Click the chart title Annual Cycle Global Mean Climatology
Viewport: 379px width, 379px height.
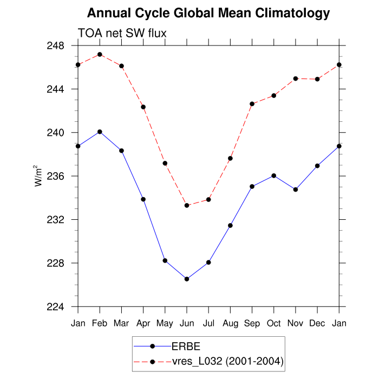coord(208,13)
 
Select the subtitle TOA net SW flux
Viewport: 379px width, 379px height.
coord(122,34)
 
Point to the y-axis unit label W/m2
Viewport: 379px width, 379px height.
coord(39,175)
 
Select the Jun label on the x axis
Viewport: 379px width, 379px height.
coord(187,323)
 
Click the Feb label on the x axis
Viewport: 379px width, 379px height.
coord(100,323)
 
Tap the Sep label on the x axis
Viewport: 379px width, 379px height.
coord(252,323)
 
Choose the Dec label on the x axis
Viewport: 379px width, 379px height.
coord(317,323)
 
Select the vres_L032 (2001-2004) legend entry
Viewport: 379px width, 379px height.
coord(227,361)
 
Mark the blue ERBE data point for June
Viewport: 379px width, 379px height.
coord(187,279)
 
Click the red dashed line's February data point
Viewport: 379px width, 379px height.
coord(100,55)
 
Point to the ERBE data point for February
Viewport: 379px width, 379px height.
coord(100,132)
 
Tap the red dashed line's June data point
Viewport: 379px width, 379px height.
coord(187,205)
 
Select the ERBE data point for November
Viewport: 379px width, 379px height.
coord(296,190)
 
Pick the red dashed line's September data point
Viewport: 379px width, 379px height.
coord(252,103)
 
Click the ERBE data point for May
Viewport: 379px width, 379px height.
coord(165,260)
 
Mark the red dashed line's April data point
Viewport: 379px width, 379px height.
coord(143,107)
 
